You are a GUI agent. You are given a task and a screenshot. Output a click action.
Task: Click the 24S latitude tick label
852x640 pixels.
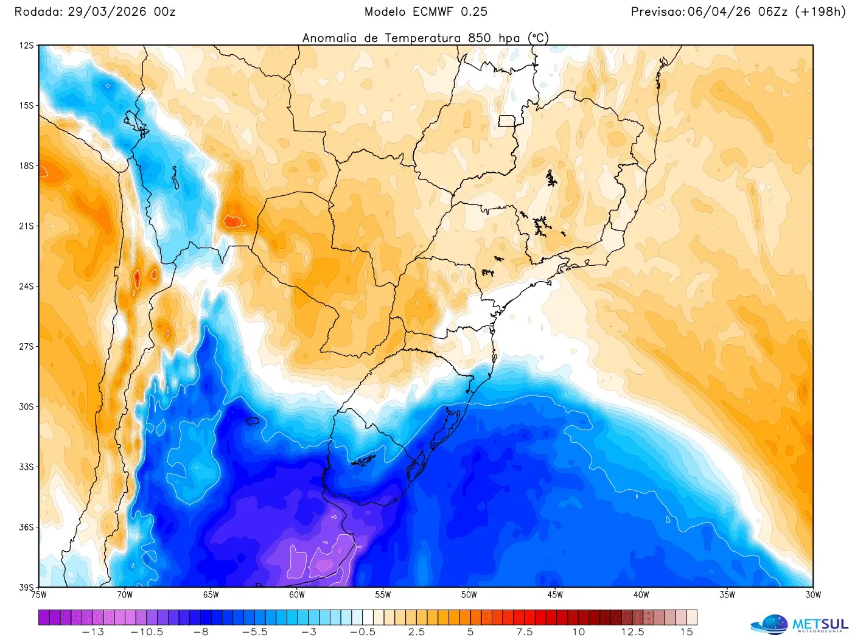coord(26,286)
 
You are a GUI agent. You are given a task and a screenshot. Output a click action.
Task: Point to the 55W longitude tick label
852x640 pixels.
coord(383,595)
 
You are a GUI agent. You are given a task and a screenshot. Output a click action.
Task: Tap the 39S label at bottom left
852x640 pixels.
coord(26,587)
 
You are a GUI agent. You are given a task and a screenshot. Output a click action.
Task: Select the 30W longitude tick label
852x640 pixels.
coord(813,595)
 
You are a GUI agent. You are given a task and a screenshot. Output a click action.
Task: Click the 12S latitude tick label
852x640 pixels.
coord(26,46)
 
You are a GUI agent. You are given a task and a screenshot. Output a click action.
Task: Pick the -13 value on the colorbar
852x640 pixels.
coord(93,632)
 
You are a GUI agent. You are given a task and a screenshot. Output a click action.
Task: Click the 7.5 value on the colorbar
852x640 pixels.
coord(524,632)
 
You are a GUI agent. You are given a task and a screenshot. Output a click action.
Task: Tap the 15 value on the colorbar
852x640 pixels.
coord(686,632)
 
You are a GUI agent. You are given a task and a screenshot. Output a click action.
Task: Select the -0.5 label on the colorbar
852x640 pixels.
coord(363,632)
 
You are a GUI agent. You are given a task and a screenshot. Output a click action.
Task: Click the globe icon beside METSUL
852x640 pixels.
coord(769,625)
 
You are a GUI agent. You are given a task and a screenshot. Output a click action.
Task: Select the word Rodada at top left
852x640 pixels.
coord(38,12)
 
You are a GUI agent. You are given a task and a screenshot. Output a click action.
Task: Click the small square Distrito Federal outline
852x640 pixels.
coord(507,121)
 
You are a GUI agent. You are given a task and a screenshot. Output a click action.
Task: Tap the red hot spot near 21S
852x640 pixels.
coord(232,221)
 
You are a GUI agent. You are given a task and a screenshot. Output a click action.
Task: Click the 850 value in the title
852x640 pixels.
coord(480,38)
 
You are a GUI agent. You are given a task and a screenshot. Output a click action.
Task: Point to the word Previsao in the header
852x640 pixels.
coord(657,12)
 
